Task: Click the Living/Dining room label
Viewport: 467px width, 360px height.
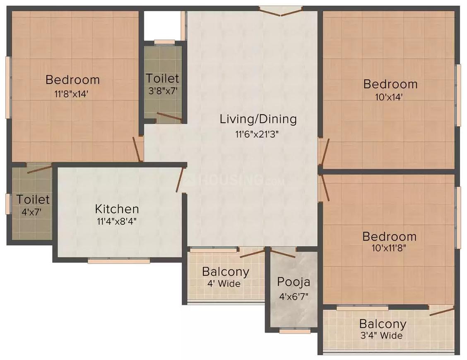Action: pos(258,119)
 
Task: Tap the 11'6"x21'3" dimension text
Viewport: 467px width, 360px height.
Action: pos(257,134)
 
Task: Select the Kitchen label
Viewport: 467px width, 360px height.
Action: pos(117,209)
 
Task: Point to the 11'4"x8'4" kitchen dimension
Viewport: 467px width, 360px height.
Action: pos(117,221)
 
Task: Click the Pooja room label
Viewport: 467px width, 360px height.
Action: pos(294,282)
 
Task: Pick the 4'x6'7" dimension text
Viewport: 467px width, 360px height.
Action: pos(294,296)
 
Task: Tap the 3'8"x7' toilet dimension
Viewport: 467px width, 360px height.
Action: pos(163,91)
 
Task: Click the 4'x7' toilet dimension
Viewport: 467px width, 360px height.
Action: pos(31,212)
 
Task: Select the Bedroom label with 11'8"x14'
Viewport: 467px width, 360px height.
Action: pos(73,80)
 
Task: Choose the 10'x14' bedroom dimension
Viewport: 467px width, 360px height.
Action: pos(389,97)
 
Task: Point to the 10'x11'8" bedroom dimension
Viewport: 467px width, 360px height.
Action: pos(389,248)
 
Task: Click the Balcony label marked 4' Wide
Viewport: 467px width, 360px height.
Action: pos(226,271)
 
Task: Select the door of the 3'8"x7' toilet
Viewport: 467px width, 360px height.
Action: pos(169,117)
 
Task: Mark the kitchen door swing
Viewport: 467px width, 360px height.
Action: pos(180,180)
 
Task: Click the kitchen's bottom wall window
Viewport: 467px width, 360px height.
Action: pos(119,261)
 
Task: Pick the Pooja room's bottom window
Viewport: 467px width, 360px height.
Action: pos(295,331)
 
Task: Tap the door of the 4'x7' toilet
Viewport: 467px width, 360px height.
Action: pos(39,168)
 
